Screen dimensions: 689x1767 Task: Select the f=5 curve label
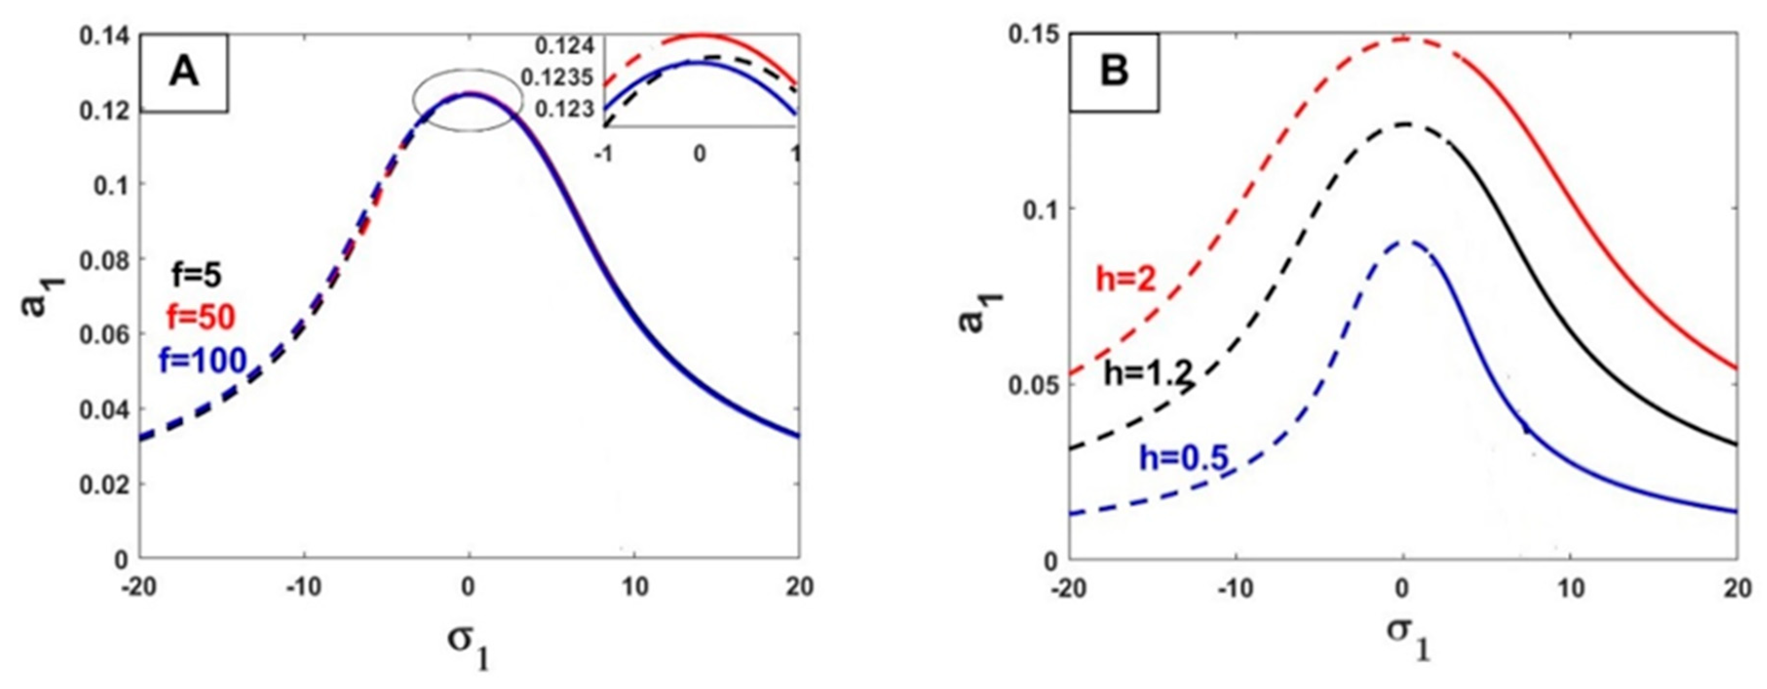click(196, 275)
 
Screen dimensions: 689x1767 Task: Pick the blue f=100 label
click(203, 360)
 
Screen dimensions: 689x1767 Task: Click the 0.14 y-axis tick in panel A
click(104, 36)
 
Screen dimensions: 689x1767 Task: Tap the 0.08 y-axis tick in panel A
click(104, 260)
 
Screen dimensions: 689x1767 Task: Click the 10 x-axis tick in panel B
click(1569, 589)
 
